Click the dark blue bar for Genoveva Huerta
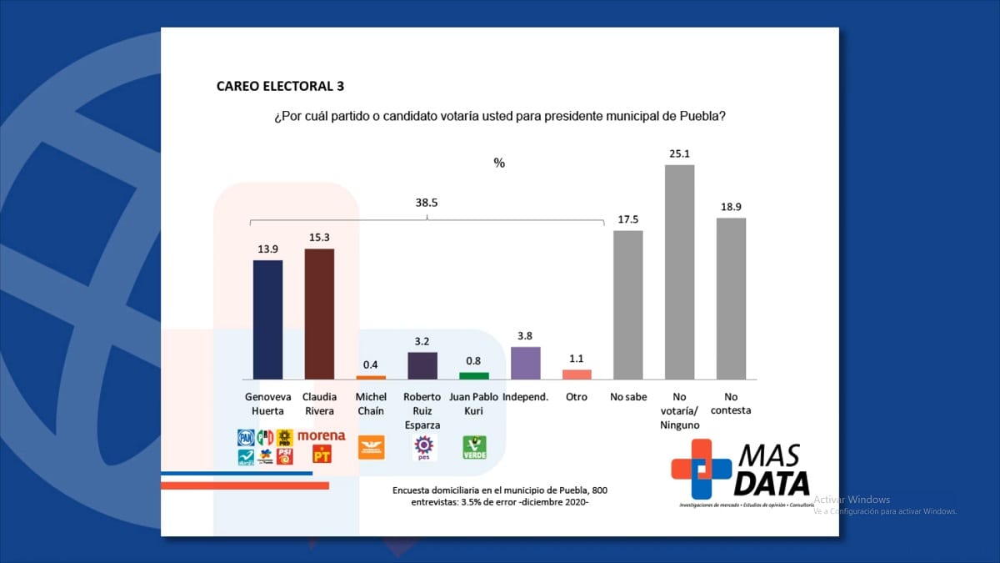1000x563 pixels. [267, 319]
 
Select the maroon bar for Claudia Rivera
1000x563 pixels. [319, 314]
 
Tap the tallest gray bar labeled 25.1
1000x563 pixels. [679, 272]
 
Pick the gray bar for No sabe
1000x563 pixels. [627, 304]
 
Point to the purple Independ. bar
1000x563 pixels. [525, 364]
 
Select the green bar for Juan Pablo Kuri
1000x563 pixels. [474, 376]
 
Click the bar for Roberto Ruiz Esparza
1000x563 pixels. [422, 365]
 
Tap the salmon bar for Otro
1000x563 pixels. [577, 374]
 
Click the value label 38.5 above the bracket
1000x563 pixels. [427, 202]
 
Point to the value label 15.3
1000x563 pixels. [319, 238]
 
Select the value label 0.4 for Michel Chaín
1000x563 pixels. [371, 364]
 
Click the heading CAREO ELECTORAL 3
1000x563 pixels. [280, 86]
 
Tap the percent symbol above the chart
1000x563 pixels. [499, 163]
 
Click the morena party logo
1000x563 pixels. [321, 436]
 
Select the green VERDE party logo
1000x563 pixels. [474, 448]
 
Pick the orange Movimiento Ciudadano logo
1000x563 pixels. [371, 448]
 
